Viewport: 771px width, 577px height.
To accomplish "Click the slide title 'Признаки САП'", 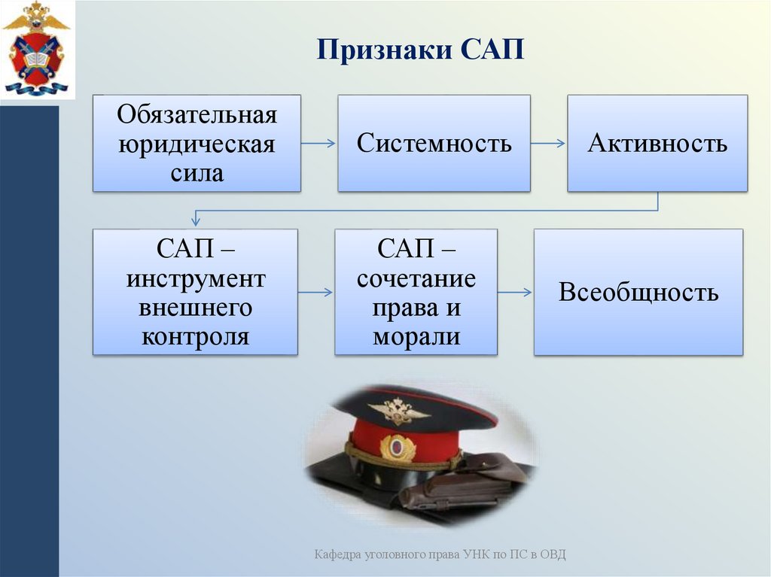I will tap(419, 51).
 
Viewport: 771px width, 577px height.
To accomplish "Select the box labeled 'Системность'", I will tap(434, 143).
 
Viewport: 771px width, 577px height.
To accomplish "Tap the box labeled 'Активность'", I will tap(657, 143).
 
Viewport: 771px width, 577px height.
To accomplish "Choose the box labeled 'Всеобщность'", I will tap(638, 292).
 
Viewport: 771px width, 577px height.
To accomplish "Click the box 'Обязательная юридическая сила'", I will tap(197, 143).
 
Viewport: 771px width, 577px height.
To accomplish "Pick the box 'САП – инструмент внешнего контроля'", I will tap(195, 292).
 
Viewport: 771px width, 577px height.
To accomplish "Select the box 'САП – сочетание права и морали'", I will tap(416, 292).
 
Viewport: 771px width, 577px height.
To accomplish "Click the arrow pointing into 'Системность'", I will tap(318, 143).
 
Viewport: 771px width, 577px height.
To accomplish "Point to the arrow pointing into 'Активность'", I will tap(548, 143).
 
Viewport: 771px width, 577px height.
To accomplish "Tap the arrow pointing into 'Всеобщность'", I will tap(515, 292).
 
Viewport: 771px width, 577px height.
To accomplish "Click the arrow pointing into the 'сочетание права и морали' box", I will tap(315, 292).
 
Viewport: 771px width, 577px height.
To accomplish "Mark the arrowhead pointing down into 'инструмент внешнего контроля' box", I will tap(196, 220).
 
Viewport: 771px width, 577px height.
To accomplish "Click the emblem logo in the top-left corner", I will tap(35, 49).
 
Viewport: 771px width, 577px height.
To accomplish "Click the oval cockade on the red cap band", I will tap(397, 448).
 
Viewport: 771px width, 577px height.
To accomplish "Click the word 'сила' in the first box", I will tap(197, 172).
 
